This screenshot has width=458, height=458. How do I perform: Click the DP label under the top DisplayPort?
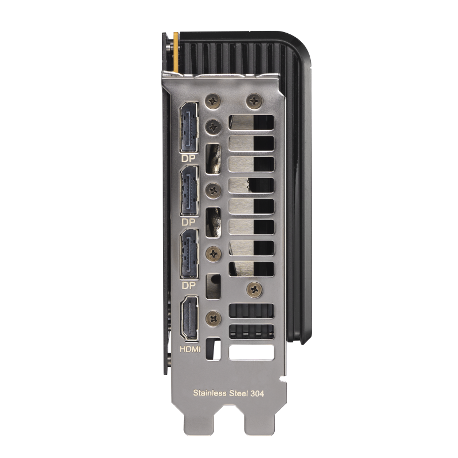pyautogui.click(x=188, y=157)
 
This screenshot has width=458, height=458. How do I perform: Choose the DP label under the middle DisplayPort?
pyautogui.click(x=188, y=221)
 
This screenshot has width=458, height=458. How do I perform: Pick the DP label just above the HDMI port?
pyautogui.click(x=188, y=285)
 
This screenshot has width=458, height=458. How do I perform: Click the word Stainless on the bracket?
pyautogui.click(x=209, y=393)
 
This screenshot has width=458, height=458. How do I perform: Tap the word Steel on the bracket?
pyautogui.click(x=240, y=393)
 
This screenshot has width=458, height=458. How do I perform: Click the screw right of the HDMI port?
pyautogui.click(x=215, y=315)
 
